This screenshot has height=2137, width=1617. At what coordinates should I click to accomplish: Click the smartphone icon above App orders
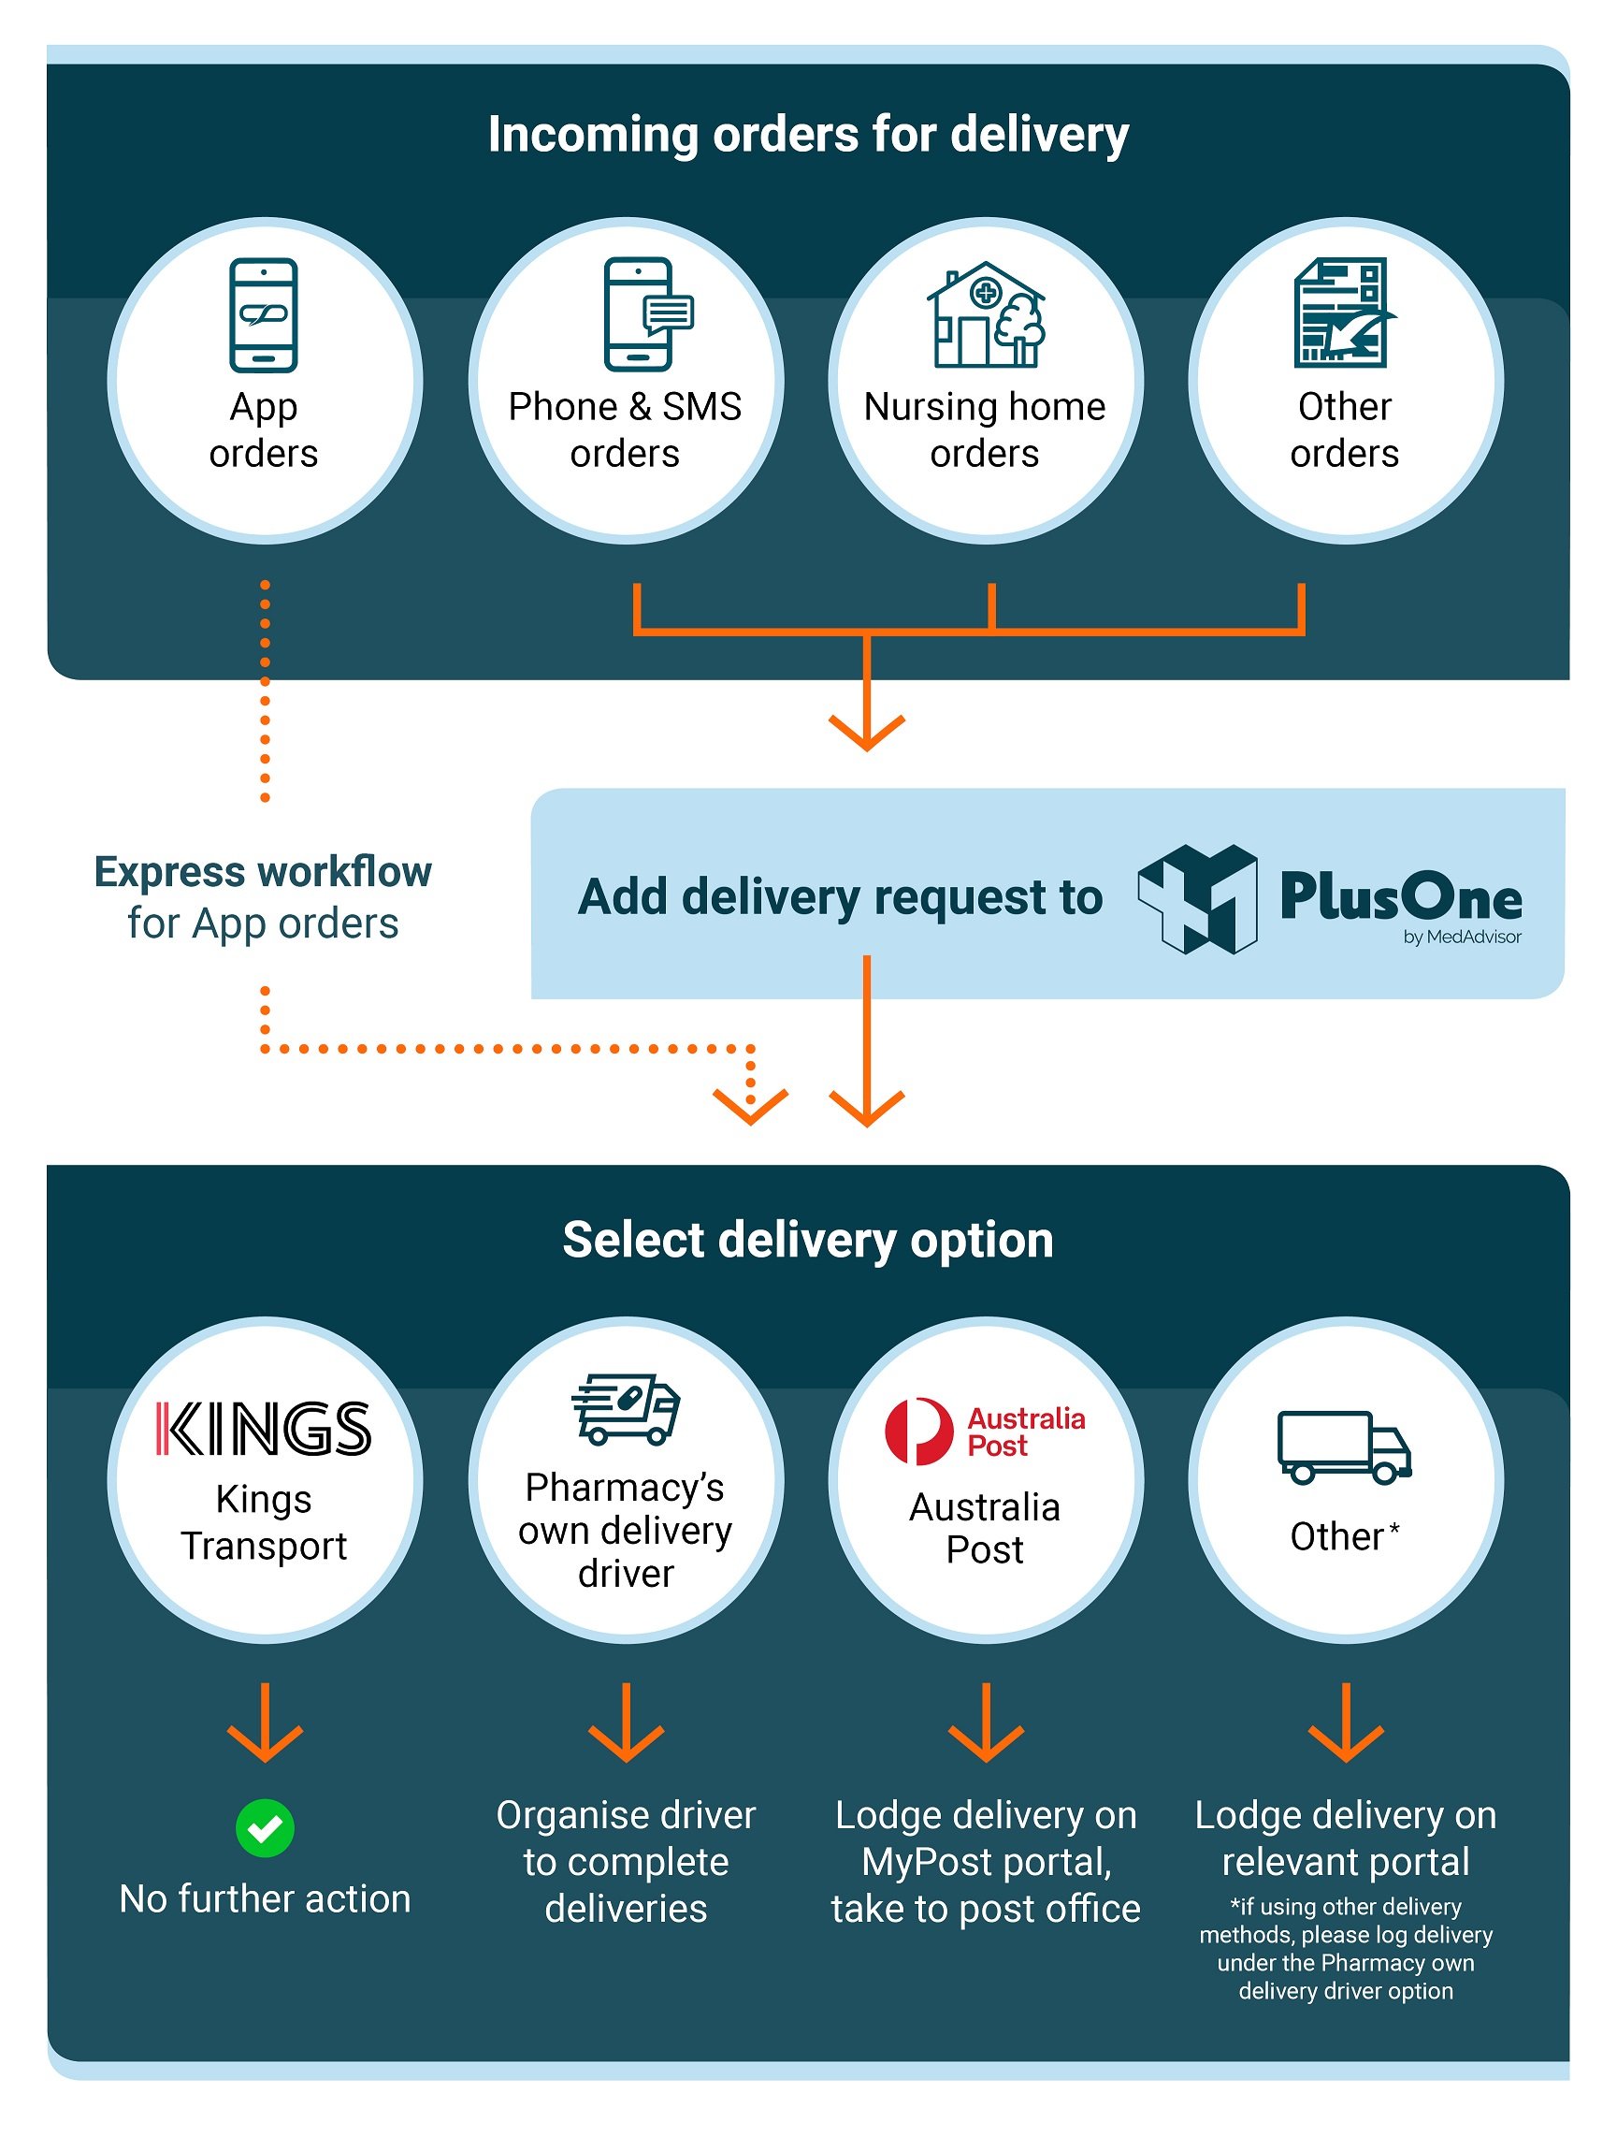click(263, 315)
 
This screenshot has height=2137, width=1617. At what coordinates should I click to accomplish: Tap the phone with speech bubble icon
click(645, 314)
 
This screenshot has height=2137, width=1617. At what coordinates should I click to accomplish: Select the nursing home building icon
click(986, 315)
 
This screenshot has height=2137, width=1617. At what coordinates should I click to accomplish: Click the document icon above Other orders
click(1343, 313)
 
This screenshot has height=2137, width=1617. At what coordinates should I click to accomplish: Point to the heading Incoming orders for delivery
click(807, 135)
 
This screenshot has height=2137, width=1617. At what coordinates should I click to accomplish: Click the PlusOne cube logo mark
click(1198, 898)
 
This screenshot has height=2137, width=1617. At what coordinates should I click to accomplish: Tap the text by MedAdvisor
click(1462, 938)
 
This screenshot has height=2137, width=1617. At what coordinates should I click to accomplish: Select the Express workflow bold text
click(263, 871)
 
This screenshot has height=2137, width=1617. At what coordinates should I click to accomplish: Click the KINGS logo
click(263, 1429)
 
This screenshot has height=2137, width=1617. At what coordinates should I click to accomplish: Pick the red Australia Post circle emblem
click(918, 1431)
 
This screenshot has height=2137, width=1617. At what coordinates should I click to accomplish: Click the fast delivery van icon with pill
click(626, 1409)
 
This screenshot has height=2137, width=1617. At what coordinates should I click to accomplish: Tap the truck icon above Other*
click(1343, 1446)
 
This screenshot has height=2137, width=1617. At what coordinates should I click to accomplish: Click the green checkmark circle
click(265, 1828)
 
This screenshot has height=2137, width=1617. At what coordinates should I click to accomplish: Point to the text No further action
click(265, 1899)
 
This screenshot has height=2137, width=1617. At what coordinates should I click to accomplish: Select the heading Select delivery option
click(807, 1241)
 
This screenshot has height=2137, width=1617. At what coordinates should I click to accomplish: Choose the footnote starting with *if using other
click(1346, 1949)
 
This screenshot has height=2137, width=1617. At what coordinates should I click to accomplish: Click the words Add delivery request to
click(840, 897)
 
